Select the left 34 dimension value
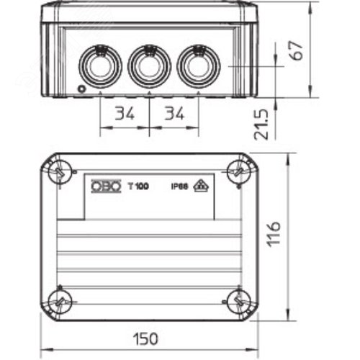click(124, 114)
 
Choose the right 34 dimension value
click(174, 114)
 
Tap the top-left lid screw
click(58, 171)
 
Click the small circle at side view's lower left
click(82, 89)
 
